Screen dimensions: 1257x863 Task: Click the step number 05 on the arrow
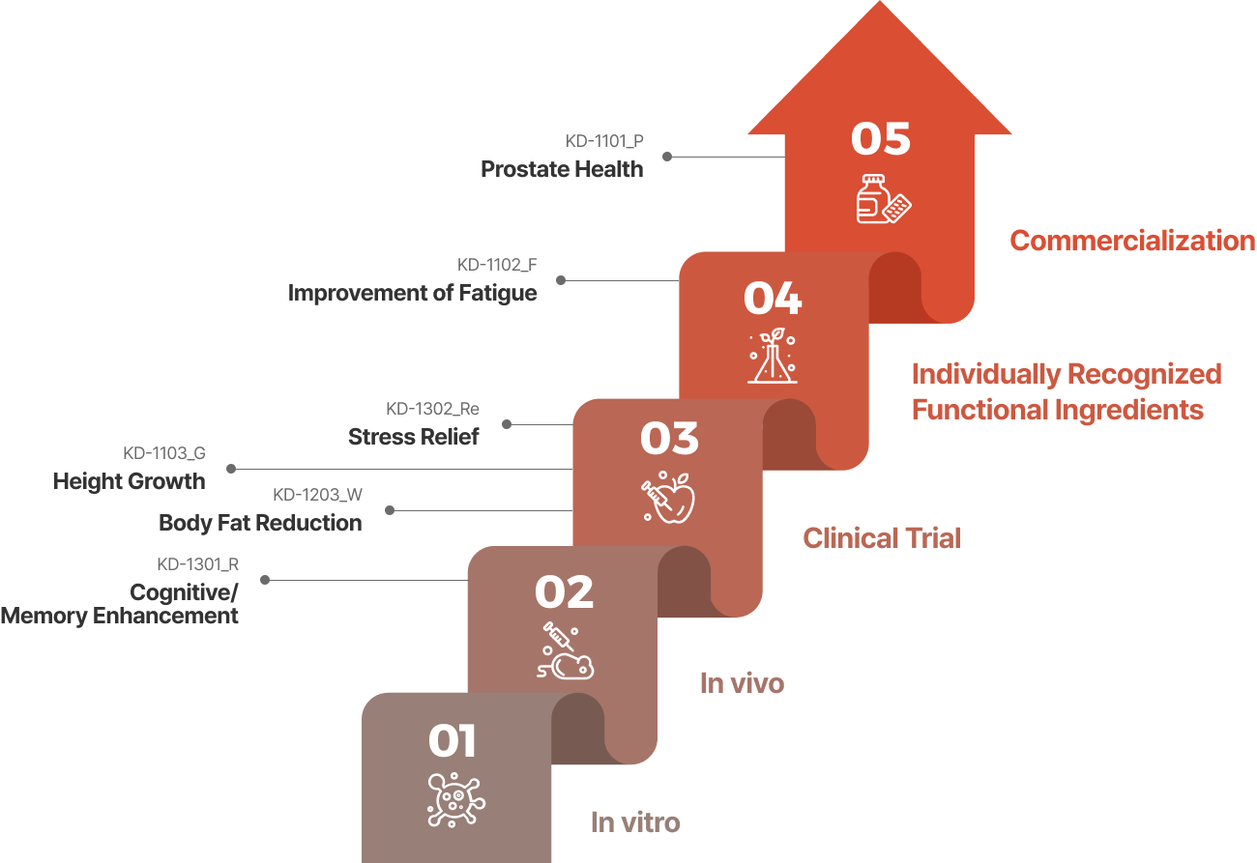coord(881,138)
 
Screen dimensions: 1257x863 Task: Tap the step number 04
coord(773,298)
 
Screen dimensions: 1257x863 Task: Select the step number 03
coord(669,438)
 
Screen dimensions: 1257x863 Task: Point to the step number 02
coord(564,592)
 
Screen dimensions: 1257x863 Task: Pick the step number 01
coord(453,741)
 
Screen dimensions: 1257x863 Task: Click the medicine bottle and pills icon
coord(884,199)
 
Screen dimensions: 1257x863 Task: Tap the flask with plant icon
coord(773,356)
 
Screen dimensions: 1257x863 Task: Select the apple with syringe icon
coord(668,498)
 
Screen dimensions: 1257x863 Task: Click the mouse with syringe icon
coord(565,651)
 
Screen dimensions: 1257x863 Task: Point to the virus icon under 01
coord(456,800)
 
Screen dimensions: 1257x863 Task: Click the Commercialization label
coord(1132,242)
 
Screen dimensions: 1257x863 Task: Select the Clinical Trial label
coord(882,538)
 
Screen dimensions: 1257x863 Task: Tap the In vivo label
coord(742,683)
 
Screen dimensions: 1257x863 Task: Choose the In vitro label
coord(635,822)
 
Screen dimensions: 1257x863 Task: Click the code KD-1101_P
coord(603,141)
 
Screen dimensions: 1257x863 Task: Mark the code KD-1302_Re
coord(432,409)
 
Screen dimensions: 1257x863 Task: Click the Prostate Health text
coord(562,169)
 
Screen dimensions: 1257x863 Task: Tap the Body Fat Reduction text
coord(260,523)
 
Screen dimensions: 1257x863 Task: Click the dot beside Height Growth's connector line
coord(231,469)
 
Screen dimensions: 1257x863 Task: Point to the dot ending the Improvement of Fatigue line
coord(561,280)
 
